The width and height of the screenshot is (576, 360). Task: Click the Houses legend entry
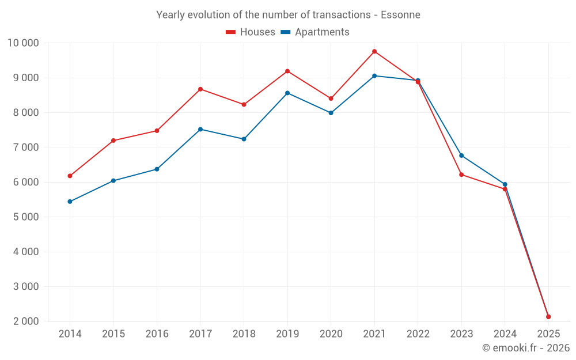(251, 32)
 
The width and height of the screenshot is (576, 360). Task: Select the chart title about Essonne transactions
(288, 14)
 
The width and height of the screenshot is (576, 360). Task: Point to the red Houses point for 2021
(374, 51)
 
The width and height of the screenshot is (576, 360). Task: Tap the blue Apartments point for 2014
(70, 202)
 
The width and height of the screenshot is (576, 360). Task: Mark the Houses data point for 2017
(200, 89)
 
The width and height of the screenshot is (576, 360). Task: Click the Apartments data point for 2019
(287, 93)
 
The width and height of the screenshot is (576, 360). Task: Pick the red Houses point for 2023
(461, 175)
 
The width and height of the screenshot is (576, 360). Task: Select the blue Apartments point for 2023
(461, 156)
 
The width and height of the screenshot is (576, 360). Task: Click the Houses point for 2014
(70, 176)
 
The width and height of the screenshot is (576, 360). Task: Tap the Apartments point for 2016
(157, 169)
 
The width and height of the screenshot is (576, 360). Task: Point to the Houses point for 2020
(331, 98)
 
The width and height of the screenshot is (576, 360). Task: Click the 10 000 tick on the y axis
(23, 43)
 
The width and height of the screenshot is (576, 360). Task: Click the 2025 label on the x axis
(548, 334)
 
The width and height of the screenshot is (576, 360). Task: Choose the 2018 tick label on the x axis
(244, 334)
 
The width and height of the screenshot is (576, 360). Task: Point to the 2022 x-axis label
(418, 334)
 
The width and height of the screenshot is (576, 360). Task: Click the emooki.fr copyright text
(526, 348)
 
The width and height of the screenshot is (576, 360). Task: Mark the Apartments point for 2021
(374, 75)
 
